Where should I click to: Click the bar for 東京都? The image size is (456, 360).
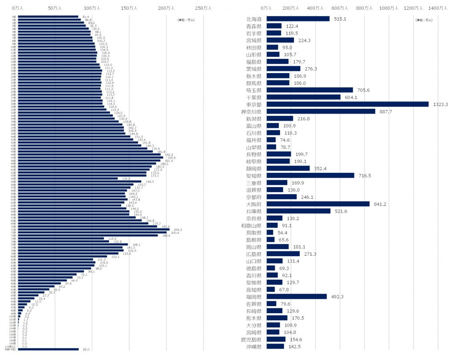pos(347,104)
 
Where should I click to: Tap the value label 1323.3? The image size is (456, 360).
pos(440,104)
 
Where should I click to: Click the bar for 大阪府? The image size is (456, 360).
pos(318,204)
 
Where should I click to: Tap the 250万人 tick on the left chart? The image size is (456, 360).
pos(204,8)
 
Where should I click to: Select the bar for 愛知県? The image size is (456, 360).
pos(310,176)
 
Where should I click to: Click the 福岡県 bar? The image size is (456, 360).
pos(297,297)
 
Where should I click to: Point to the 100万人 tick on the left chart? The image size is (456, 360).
pos(92,8)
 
